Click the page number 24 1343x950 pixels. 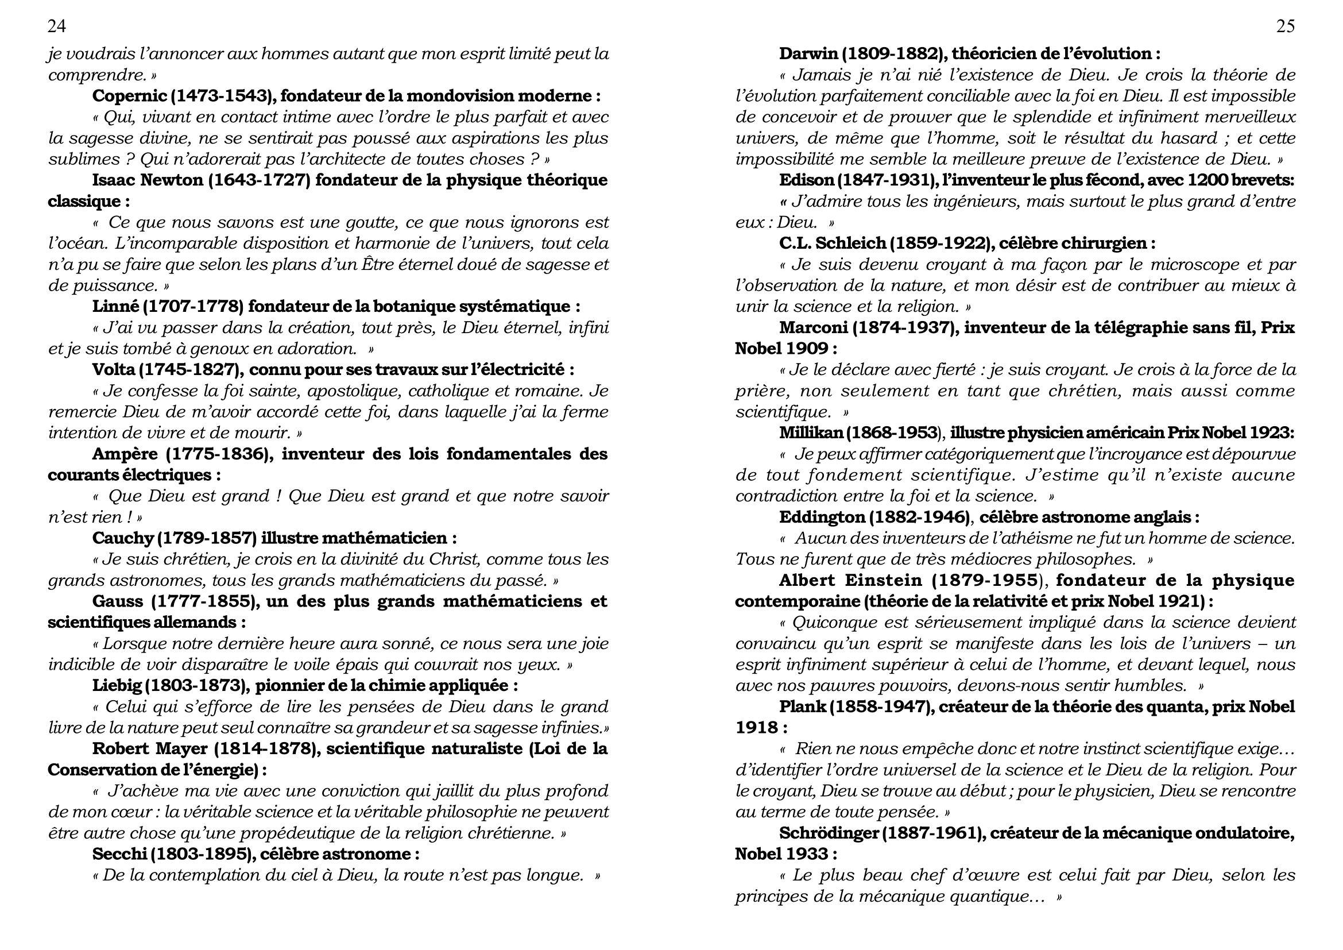point(57,26)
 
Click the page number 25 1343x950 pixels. point(1285,26)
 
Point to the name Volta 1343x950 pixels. point(111,370)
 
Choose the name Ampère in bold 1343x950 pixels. point(125,454)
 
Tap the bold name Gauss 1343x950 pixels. point(117,601)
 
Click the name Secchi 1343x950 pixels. point(119,854)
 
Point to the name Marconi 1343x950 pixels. point(813,327)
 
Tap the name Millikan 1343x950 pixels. point(811,433)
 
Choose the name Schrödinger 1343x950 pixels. point(829,833)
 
